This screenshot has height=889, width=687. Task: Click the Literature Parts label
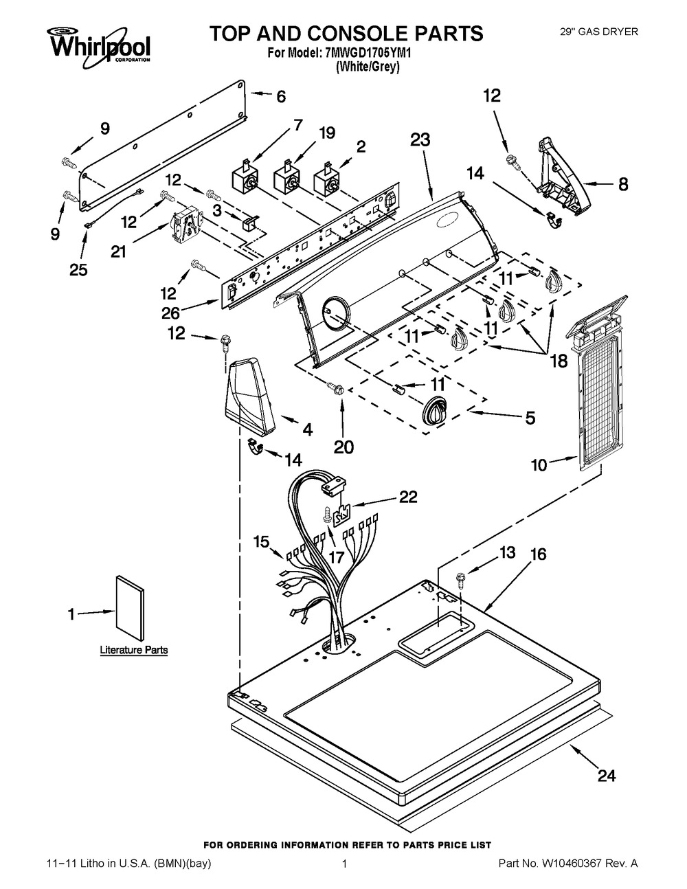[133, 649]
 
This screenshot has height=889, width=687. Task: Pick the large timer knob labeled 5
[435, 412]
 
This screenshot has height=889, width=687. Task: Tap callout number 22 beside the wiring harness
[408, 497]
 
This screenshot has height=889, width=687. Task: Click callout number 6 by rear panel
[281, 97]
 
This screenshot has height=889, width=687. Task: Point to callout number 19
[327, 133]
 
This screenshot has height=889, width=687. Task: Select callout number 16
[538, 554]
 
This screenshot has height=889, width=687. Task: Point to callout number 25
[79, 270]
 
